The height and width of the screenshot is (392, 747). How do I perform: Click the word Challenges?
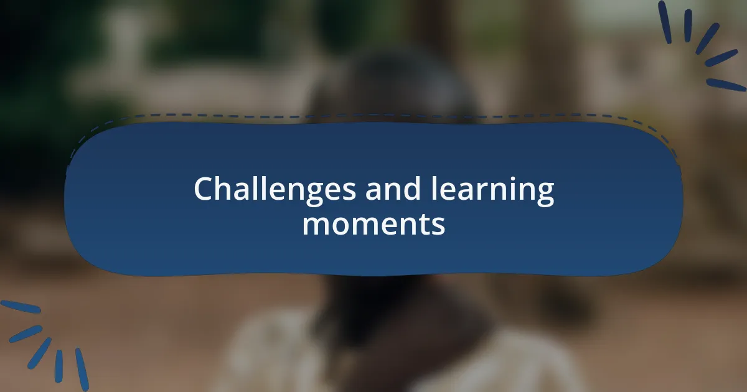pyautogui.click(x=275, y=189)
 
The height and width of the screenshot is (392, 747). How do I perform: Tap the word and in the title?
pyautogui.click(x=393, y=189)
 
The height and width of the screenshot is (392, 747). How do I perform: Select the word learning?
pyautogui.click(x=492, y=189)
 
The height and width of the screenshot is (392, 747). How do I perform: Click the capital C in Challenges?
pyautogui.click(x=205, y=189)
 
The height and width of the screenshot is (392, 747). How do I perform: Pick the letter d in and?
pyautogui.click(x=411, y=189)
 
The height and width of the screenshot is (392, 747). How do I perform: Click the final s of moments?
pyautogui.click(x=438, y=225)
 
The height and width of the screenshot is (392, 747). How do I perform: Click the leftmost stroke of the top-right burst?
pyautogui.click(x=665, y=22)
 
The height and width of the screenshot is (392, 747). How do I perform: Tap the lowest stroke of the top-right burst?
pyautogui.click(x=726, y=85)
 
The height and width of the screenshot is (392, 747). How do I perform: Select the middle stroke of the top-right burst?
pyautogui.click(x=707, y=39)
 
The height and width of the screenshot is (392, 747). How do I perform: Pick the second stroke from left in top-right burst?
pyautogui.click(x=688, y=26)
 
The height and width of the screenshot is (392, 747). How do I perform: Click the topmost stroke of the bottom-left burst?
pyautogui.click(x=21, y=307)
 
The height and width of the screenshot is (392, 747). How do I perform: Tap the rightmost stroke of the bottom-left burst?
pyautogui.click(x=82, y=370)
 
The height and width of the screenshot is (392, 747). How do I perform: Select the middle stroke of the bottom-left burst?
pyautogui.click(x=39, y=353)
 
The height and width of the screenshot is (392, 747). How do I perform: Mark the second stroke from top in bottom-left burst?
pyautogui.click(x=26, y=334)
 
